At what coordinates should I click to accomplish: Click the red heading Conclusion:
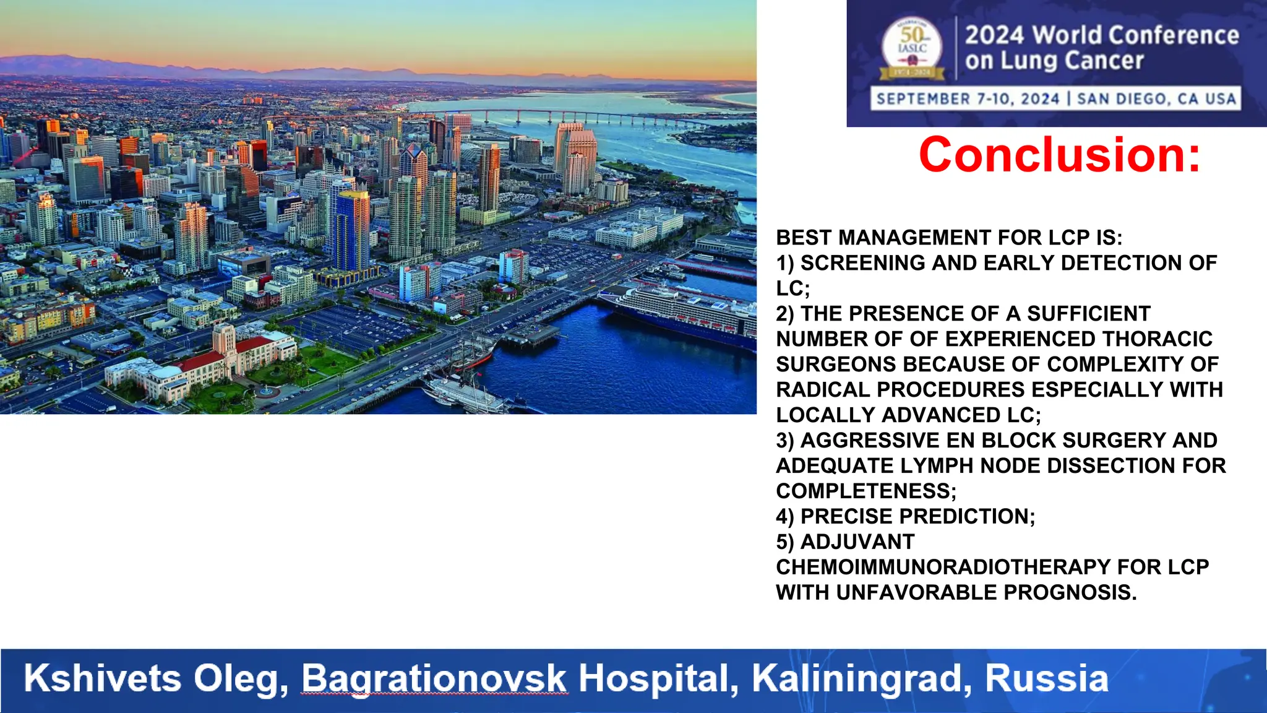[x=1059, y=155]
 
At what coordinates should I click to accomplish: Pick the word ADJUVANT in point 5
[x=857, y=542]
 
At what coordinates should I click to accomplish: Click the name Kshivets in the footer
[x=102, y=678]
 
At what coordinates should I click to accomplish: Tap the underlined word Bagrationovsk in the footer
[x=434, y=678]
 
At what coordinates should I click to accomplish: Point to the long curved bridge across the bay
[x=575, y=116]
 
